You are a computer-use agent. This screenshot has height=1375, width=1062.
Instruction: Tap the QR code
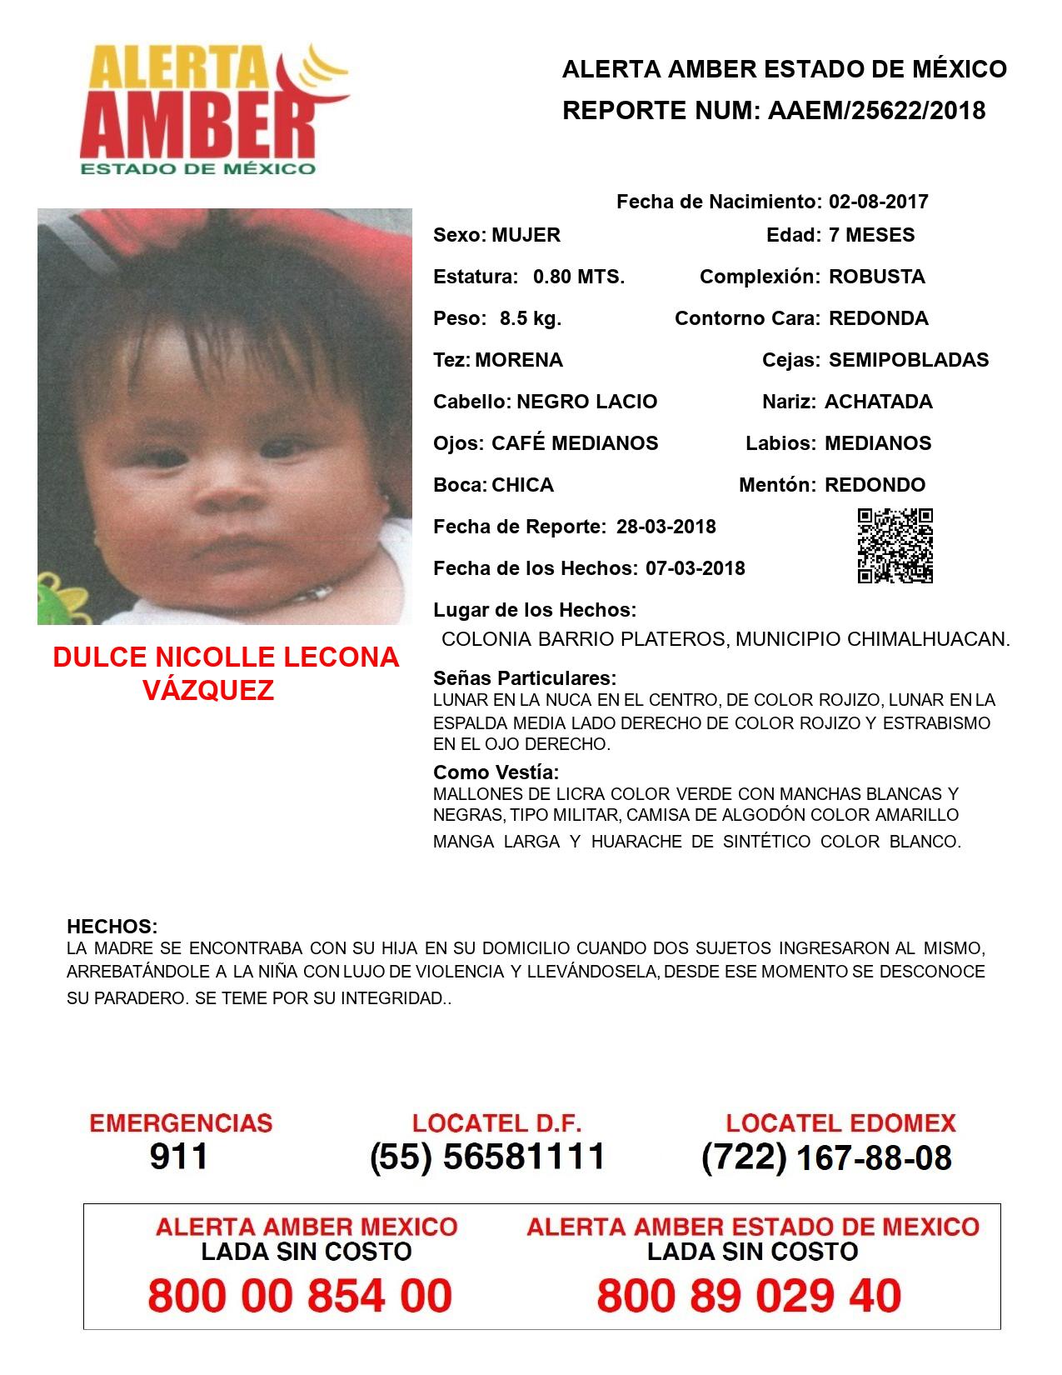click(x=895, y=546)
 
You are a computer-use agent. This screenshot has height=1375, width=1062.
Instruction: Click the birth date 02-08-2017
click(x=878, y=202)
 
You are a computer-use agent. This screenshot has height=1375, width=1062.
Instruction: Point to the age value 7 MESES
click(x=871, y=235)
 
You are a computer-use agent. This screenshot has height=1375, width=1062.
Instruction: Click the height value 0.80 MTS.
click(x=579, y=277)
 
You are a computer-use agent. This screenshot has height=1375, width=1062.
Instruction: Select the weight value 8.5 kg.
click(x=531, y=318)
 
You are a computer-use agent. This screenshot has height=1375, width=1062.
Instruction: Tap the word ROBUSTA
click(x=876, y=277)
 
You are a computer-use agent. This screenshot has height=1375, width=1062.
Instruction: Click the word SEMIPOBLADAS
click(x=908, y=360)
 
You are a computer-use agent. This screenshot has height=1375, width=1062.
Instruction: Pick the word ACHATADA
click(x=878, y=402)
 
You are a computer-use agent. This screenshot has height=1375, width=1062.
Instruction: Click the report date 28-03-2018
click(x=666, y=527)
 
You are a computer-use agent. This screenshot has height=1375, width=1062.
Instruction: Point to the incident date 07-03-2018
click(x=695, y=568)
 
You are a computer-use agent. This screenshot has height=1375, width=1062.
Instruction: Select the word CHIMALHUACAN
click(x=927, y=640)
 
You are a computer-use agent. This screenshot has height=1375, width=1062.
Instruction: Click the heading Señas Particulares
click(x=525, y=678)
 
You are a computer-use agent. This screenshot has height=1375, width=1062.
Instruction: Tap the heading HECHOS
click(x=112, y=927)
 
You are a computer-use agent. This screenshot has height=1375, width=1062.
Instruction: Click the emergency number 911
click(x=179, y=1157)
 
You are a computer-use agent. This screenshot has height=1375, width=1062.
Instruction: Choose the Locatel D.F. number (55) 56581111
click(x=487, y=1157)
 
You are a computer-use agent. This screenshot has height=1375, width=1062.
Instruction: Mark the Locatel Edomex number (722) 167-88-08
click(x=826, y=1157)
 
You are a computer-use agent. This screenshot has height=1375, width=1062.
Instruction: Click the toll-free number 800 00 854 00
click(x=300, y=1297)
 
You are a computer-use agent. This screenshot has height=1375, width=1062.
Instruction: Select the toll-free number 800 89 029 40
click(x=749, y=1297)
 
